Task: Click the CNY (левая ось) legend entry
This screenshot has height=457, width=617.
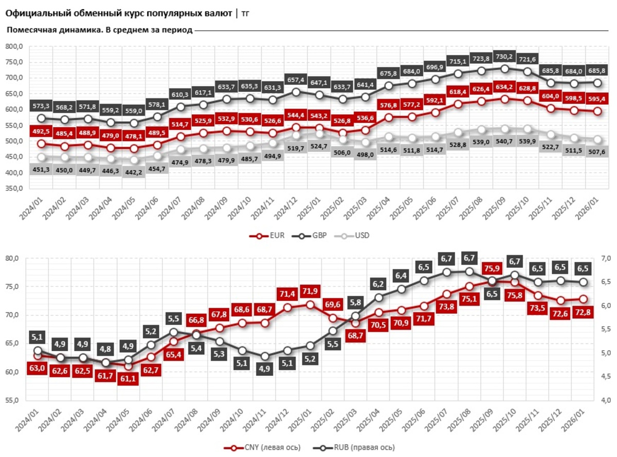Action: pyautogui.click(x=262, y=447)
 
